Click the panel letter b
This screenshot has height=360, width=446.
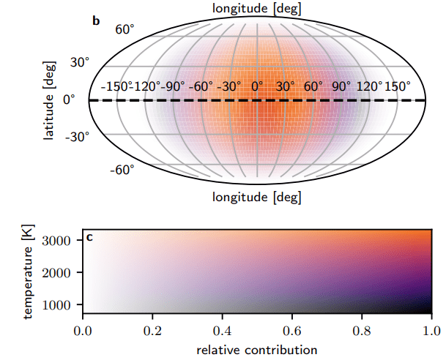95,20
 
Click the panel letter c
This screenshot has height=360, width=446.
89,236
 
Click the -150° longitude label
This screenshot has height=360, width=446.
116,86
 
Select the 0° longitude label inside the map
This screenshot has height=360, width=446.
257,86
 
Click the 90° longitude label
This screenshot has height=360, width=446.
343,86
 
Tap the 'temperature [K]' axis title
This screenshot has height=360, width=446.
29,273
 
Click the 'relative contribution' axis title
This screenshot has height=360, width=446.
257,350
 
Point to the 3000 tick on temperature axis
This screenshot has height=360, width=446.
62,240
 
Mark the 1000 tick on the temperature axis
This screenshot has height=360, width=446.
62,304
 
